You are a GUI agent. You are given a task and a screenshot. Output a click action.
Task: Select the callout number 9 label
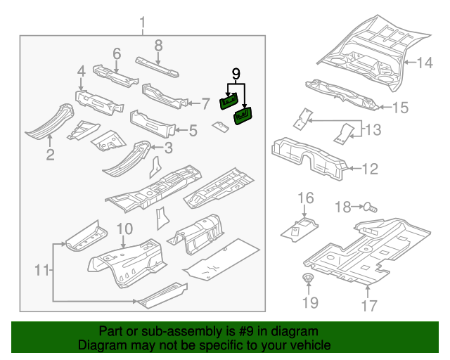(x=236, y=73)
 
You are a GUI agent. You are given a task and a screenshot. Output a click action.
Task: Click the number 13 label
(x=372, y=129)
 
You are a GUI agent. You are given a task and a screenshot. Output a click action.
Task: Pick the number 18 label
(x=342, y=207)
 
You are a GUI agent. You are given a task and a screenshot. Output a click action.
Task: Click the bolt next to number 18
(x=371, y=207)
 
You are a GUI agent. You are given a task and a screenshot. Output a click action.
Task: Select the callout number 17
(x=369, y=305)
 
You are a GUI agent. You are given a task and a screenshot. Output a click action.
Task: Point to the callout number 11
(x=42, y=270)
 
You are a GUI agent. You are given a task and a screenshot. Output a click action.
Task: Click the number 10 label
(x=124, y=229)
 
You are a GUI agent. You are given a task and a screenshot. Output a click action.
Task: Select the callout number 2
(x=50, y=154)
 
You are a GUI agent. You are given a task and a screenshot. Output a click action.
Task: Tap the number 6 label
(x=117, y=53)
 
